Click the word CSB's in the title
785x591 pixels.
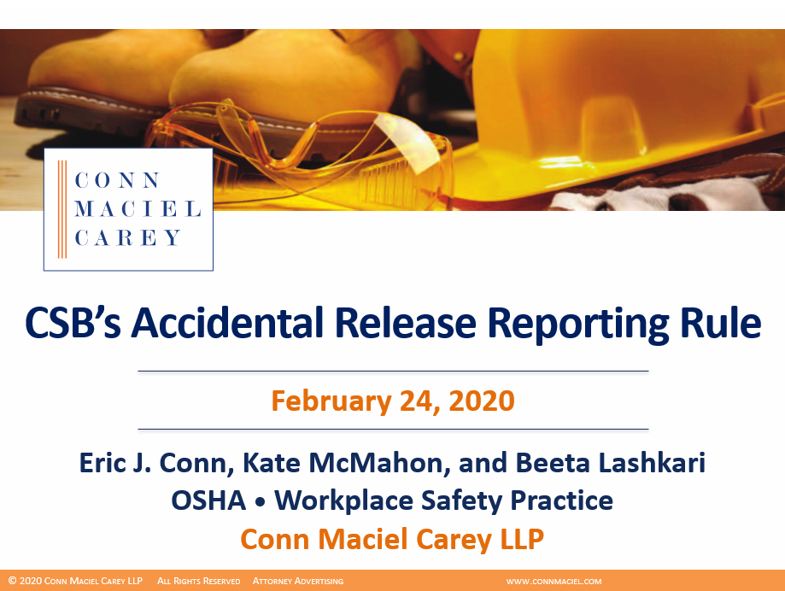69,323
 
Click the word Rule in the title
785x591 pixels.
719,323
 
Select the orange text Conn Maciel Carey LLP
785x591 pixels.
392,539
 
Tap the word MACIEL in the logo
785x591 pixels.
138,209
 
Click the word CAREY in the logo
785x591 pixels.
128,238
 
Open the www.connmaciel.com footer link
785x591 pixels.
554,582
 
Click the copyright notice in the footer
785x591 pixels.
76,582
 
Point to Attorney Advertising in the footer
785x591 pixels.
298,582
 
